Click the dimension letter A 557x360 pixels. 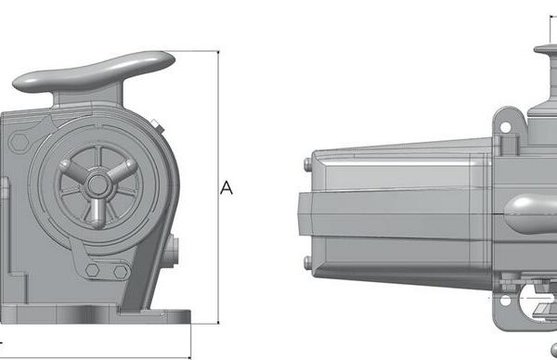[x=227, y=187]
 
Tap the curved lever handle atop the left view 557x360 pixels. [x=94, y=72]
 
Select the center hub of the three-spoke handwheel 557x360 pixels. [x=97, y=185]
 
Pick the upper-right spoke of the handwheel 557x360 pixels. [x=121, y=171]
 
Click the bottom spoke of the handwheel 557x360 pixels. [x=96, y=212]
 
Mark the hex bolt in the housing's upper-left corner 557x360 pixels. [x=19, y=142]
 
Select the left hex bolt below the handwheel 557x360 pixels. [x=92, y=270]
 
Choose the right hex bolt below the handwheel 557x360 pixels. [x=121, y=272]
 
